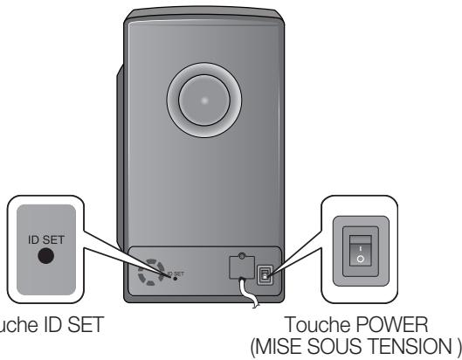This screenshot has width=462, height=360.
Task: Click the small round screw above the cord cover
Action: coord(239,257)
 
